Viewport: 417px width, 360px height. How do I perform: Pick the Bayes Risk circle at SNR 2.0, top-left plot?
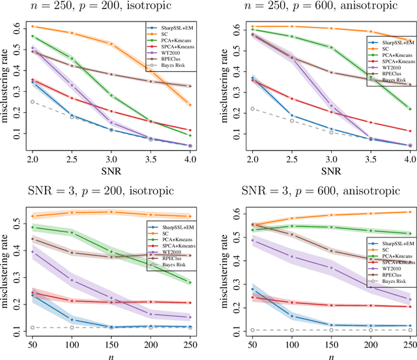point(32,102)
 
